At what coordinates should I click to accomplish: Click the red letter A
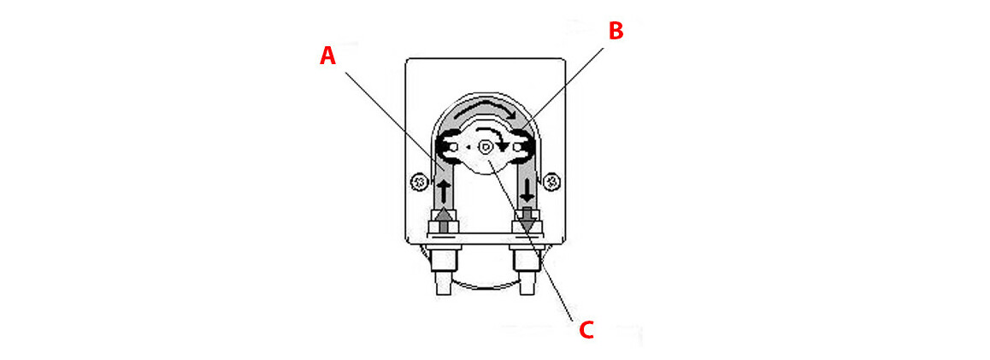(327, 56)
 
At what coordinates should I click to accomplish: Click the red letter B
(616, 32)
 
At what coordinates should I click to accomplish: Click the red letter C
(586, 330)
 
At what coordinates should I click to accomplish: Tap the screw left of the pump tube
(419, 181)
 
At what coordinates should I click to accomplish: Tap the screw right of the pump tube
(552, 181)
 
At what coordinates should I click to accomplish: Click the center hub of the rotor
(486, 147)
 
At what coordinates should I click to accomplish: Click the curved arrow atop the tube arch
(486, 110)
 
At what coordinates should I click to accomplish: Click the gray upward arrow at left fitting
(443, 217)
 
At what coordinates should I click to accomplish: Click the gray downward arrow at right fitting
(527, 219)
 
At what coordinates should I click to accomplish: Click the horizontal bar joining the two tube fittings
(485, 233)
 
